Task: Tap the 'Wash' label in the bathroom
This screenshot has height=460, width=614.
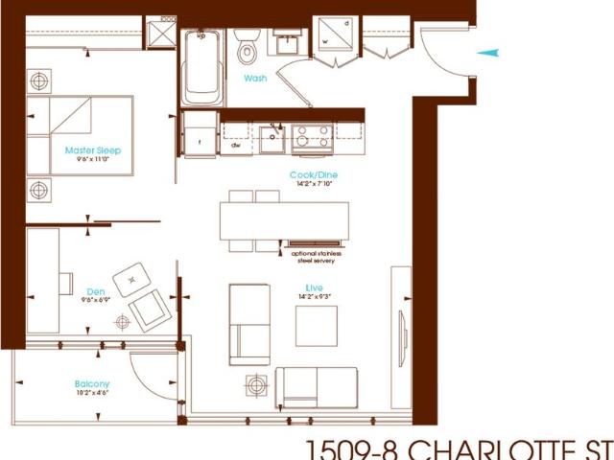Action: click(x=255, y=78)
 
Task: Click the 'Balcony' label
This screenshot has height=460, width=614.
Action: click(x=92, y=384)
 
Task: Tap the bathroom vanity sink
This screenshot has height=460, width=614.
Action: click(x=285, y=43)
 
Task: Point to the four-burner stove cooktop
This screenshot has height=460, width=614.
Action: click(x=313, y=140)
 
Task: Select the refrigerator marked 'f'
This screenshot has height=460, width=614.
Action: click(x=199, y=134)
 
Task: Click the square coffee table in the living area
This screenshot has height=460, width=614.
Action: click(x=318, y=325)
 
